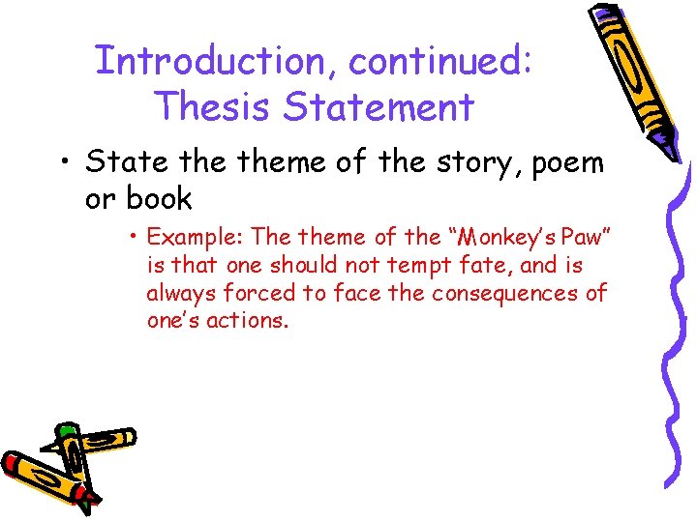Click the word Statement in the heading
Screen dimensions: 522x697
click(x=379, y=106)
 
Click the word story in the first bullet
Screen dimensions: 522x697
click(x=456, y=161)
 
